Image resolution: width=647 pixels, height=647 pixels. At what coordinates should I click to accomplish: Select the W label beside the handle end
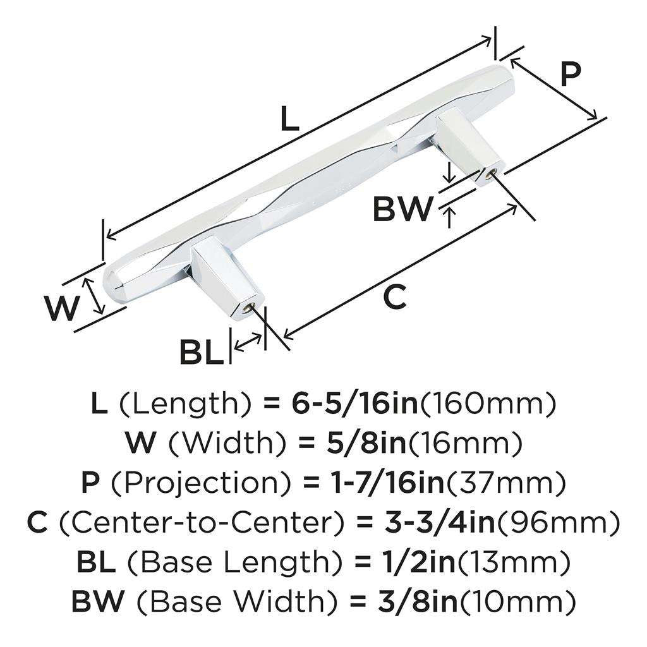pyautogui.click(x=63, y=308)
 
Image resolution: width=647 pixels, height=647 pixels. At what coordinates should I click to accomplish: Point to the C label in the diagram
pyautogui.click(x=395, y=297)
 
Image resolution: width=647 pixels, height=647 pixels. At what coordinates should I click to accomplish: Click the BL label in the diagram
pyautogui.click(x=202, y=352)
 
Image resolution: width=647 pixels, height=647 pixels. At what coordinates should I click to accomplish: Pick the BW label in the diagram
pyautogui.click(x=402, y=209)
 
